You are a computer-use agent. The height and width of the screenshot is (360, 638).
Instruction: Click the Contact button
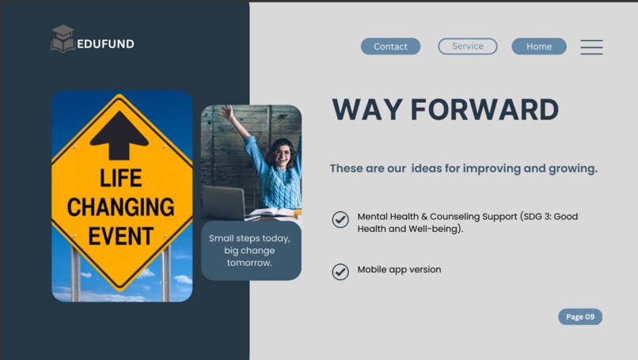click(390, 47)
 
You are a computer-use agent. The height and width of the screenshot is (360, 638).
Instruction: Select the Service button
click(467, 47)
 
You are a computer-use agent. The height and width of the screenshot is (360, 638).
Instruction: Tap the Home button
click(538, 47)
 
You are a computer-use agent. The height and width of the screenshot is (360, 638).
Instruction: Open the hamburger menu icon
click(591, 47)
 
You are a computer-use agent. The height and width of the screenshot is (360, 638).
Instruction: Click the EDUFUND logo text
click(105, 44)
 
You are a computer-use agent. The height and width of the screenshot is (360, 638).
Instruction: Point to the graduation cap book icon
click(63, 39)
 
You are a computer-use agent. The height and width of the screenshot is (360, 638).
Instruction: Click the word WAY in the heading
click(365, 110)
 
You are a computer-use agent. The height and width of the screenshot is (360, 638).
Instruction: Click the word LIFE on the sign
click(121, 178)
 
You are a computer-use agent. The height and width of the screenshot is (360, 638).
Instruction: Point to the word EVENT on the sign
click(121, 236)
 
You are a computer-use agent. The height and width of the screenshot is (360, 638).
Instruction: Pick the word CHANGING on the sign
click(121, 207)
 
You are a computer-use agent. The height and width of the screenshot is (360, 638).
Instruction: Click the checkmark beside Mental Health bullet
click(340, 219)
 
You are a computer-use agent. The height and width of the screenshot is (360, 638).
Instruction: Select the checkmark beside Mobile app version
click(340, 271)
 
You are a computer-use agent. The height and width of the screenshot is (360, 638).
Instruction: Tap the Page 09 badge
click(579, 316)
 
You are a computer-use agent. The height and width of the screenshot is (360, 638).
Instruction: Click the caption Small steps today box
click(250, 250)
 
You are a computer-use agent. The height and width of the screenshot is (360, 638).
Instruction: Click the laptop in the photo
click(224, 203)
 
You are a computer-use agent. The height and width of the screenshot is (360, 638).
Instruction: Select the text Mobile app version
click(399, 270)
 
